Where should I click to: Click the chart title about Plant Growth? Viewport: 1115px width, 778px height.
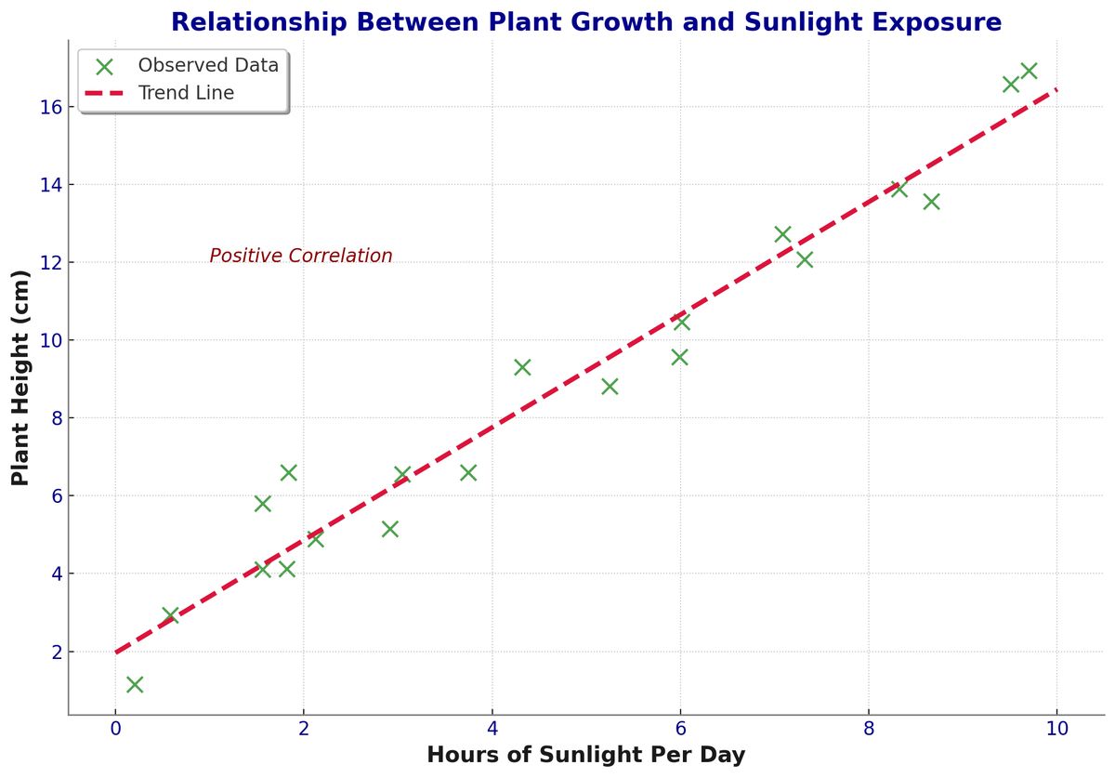tap(586, 22)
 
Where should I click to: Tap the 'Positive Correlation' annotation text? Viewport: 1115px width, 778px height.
tap(301, 257)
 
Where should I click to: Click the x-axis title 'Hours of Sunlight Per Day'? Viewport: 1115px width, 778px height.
tap(585, 755)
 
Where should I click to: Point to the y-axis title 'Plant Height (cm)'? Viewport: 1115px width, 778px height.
tap(20, 377)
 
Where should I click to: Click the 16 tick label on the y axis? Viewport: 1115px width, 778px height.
tap(51, 107)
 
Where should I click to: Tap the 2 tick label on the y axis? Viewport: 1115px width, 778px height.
tap(57, 652)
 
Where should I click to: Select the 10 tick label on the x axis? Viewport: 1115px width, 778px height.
tap(1056, 729)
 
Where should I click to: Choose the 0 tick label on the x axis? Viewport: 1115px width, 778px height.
tap(115, 729)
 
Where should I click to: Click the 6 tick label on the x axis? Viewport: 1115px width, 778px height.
tap(679, 729)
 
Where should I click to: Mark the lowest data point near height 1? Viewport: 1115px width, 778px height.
tap(135, 685)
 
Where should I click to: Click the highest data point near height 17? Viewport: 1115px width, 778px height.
tap(1029, 71)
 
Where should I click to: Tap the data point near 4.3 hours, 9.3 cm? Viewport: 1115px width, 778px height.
tap(522, 367)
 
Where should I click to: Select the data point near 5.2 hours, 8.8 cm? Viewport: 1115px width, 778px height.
tap(610, 387)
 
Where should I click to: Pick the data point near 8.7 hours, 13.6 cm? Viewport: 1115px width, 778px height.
tap(931, 202)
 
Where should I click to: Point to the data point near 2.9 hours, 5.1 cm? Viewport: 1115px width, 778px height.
tap(389, 529)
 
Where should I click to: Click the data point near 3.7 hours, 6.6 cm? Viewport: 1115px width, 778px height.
tap(468, 472)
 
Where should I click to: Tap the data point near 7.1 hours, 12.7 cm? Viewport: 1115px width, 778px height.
tap(782, 234)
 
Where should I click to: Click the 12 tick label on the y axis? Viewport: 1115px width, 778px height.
tap(51, 262)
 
